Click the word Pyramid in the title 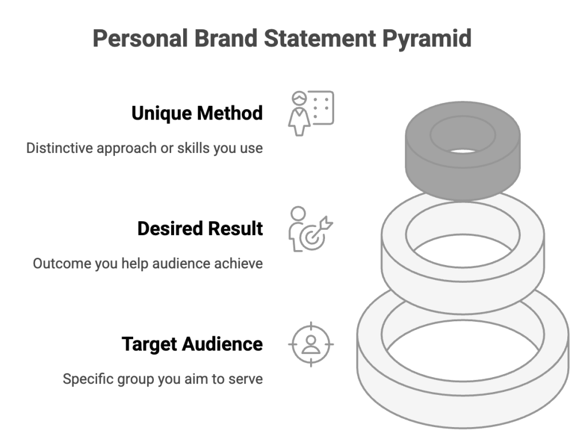(x=427, y=39)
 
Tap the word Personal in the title (x=140, y=39)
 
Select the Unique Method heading (x=197, y=113)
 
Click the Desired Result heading (x=200, y=229)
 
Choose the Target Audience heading (x=192, y=344)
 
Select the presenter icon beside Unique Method (x=311, y=113)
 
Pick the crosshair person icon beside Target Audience (x=311, y=344)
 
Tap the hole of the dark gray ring (x=463, y=151)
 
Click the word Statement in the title (x=320, y=39)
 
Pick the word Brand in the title (x=226, y=39)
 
